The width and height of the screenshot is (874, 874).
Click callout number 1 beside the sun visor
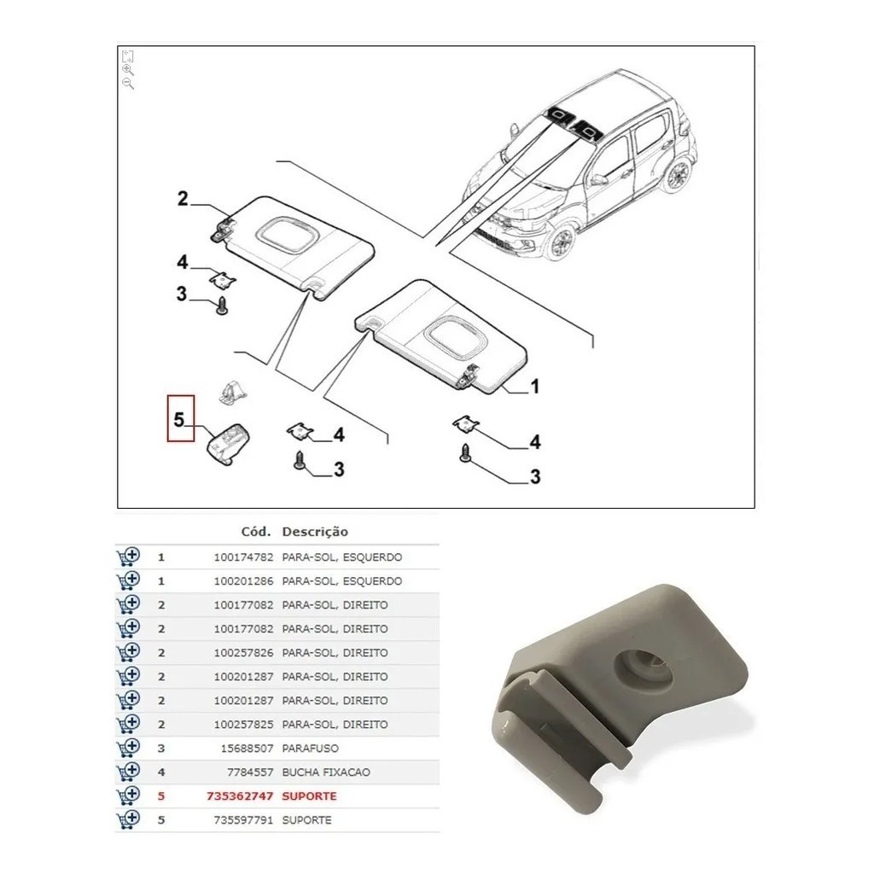(534, 387)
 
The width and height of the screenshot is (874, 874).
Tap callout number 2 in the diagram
(182, 200)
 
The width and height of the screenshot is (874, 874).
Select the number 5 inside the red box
(179, 419)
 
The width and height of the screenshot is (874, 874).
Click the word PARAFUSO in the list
(309, 748)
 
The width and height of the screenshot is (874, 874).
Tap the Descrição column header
(315, 531)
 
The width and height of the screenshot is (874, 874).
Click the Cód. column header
(256, 531)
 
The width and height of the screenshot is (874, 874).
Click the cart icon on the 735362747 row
(127, 795)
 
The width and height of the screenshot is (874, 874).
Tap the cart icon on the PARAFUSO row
(127, 748)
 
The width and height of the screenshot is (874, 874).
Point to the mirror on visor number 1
(456, 332)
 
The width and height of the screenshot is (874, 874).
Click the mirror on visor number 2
(284, 232)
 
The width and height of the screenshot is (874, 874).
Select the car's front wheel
(562, 242)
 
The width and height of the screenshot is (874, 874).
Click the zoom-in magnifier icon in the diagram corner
(128, 70)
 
